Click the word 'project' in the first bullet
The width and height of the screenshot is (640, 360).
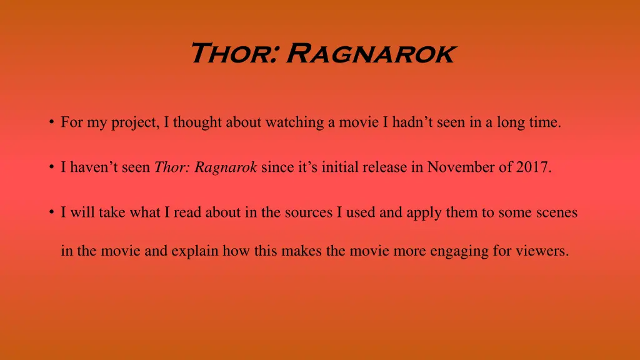click(136, 123)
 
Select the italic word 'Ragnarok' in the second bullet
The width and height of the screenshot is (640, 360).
click(226, 167)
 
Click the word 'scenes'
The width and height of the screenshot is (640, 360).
click(556, 212)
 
